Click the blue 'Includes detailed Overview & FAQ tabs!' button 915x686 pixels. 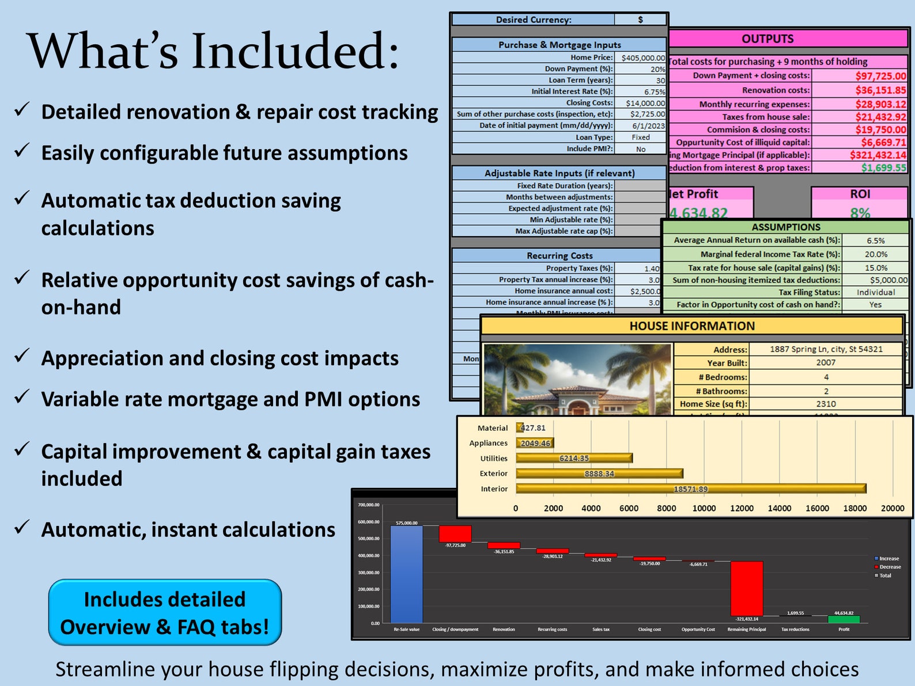click(165, 612)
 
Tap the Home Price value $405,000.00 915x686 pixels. click(642, 58)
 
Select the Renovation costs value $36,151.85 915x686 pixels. click(880, 90)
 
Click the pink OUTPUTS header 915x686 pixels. click(767, 39)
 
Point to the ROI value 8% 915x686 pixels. click(860, 213)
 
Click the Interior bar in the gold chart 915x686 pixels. click(690, 489)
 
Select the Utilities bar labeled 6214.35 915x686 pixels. click(574, 458)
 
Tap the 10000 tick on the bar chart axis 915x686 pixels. click(704, 508)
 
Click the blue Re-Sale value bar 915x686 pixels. click(406, 574)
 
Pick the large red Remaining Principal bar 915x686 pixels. click(746, 589)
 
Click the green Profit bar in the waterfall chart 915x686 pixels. click(844, 619)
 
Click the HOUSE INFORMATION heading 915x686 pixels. click(691, 326)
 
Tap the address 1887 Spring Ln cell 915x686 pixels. click(825, 349)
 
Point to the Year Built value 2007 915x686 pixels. click(825, 363)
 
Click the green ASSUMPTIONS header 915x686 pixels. click(785, 227)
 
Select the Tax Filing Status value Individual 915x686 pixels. click(875, 293)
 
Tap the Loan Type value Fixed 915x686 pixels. click(640, 138)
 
